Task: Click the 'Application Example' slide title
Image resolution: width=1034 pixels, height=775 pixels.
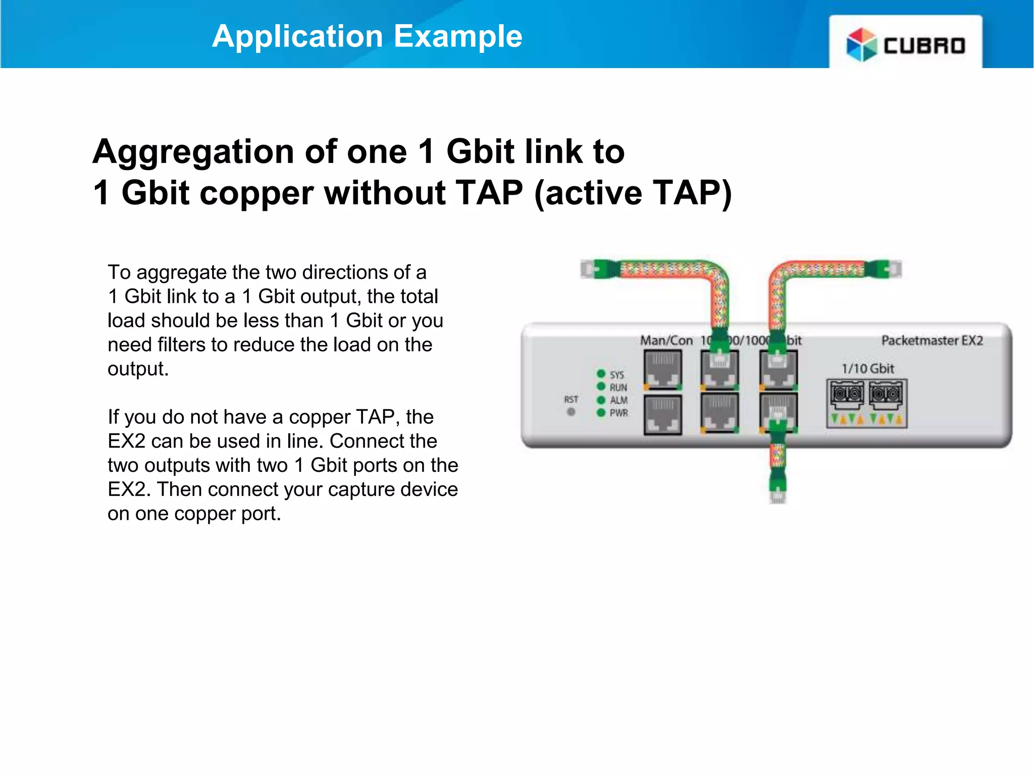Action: tap(367, 36)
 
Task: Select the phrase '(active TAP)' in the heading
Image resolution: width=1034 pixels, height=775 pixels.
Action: tap(633, 193)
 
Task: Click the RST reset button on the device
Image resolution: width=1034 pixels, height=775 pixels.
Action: tap(571, 412)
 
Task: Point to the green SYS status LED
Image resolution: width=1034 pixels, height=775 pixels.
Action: tap(601, 374)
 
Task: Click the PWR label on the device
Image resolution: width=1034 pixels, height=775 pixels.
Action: tap(618, 413)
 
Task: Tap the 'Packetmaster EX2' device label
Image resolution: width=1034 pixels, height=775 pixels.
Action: tap(932, 341)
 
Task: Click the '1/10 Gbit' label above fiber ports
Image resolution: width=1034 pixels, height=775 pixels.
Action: tap(867, 369)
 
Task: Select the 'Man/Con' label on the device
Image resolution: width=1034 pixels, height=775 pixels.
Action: tap(666, 341)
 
